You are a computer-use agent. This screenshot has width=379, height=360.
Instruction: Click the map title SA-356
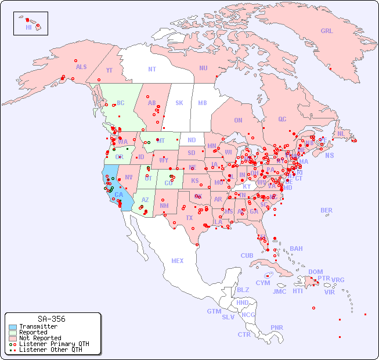pyautogui.click(x=51, y=319)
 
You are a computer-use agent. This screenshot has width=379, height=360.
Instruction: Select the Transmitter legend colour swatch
pyautogui.click(x=12, y=327)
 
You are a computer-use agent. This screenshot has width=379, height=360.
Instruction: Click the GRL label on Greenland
pyautogui.click(x=327, y=31)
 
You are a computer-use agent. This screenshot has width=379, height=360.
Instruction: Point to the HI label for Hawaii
pyautogui.click(x=28, y=27)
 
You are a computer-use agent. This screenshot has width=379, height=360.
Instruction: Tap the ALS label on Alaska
pyautogui.click(x=81, y=67)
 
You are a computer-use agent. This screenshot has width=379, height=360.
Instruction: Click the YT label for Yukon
pyautogui.click(x=109, y=70)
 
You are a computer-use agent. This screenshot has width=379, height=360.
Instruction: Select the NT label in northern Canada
pyautogui.click(x=152, y=69)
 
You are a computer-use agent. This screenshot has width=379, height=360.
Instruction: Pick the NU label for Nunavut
pyautogui.click(x=203, y=68)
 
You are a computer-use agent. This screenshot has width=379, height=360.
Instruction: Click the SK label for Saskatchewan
pyautogui.click(x=179, y=103)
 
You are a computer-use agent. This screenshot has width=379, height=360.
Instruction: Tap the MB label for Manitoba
pyautogui.click(x=202, y=103)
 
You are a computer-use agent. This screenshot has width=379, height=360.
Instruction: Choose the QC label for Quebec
pyautogui.click(x=282, y=119)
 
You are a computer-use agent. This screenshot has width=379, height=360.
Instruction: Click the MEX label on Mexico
pyautogui.click(x=178, y=261)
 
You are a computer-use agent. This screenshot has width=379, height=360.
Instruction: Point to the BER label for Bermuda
pyautogui.click(x=327, y=210)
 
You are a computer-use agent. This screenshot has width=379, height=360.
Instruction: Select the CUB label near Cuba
pyautogui.click(x=247, y=255)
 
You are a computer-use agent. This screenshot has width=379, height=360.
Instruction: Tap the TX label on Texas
pyautogui.click(x=189, y=218)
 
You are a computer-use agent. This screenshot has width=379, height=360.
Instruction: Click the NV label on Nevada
pyautogui.click(x=129, y=177)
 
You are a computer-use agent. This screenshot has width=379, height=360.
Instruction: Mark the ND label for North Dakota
pyautogui.click(x=192, y=140)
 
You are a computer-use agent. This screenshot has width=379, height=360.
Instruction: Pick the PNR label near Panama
pyautogui.click(x=277, y=327)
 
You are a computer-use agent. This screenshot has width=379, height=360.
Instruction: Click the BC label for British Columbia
pyautogui.click(x=121, y=103)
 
